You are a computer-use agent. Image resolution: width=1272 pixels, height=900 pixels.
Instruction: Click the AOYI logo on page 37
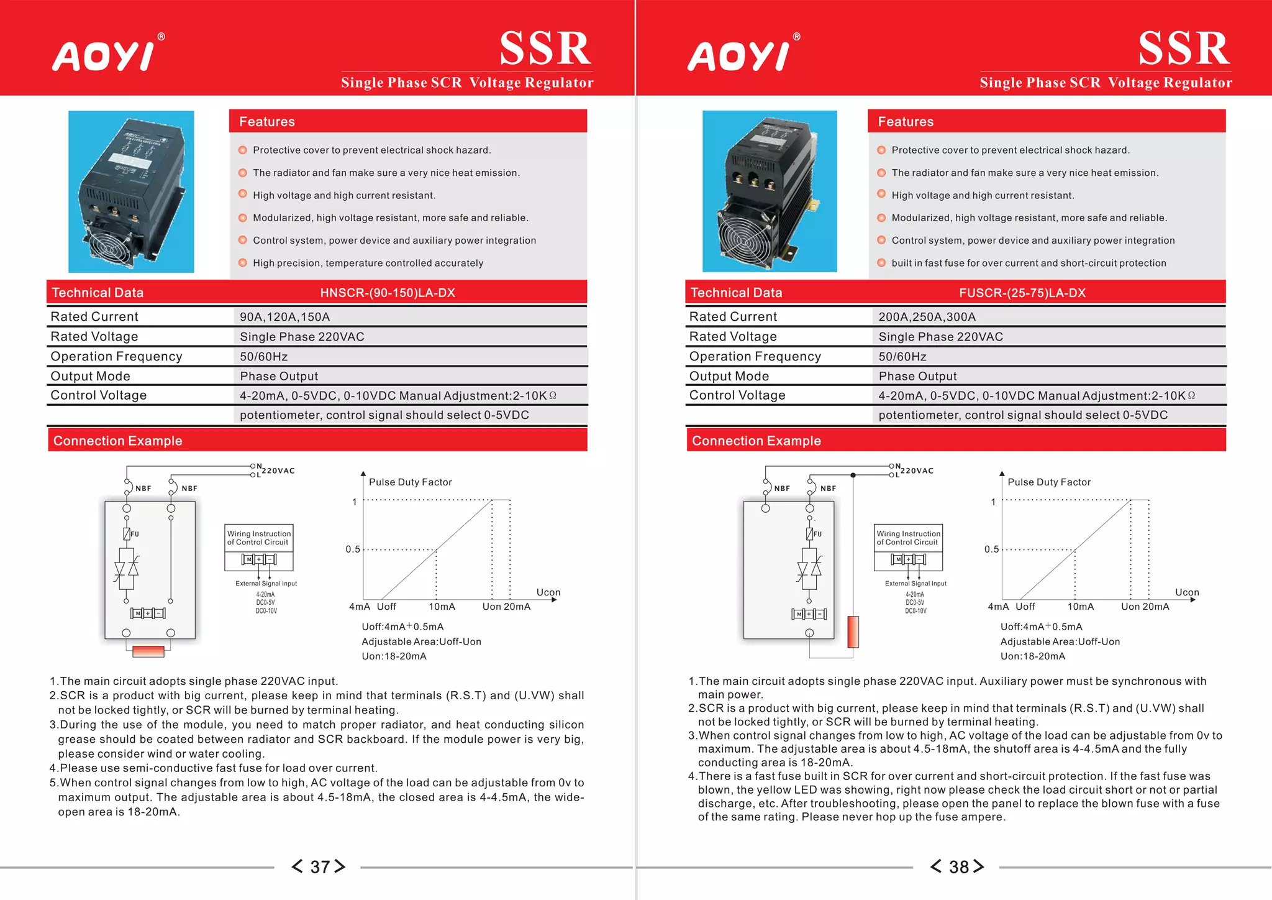pos(104,56)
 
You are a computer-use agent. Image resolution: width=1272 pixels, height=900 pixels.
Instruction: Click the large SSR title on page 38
pos(1183,48)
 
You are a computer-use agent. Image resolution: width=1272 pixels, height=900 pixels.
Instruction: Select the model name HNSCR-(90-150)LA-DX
pos(388,293)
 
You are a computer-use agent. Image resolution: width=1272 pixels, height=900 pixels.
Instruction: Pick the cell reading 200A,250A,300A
pos(927,317)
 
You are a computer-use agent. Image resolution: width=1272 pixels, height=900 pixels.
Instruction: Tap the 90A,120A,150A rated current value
pos(284,317)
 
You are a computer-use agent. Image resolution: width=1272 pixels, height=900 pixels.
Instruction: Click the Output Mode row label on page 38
pos(729,376)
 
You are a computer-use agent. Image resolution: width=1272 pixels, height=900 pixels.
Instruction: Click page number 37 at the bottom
pos(319,866)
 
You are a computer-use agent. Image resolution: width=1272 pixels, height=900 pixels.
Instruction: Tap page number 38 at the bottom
pos(958,866)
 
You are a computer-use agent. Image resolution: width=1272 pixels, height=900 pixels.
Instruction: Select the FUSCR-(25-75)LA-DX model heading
pos(1022,293)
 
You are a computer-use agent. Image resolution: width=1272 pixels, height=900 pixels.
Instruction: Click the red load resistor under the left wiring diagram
pos(148,651)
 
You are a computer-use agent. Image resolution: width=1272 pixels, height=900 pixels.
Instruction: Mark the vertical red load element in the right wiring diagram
pos(853,631)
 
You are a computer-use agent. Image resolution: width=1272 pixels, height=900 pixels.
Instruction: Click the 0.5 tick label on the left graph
pos(353,549)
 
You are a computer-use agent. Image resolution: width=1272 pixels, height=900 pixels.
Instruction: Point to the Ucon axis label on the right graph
pos(1186,592)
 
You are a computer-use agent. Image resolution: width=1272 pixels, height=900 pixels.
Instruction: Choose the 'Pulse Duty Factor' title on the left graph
pos(410,482)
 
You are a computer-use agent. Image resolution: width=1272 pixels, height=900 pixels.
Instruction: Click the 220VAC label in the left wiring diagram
pos(278,471)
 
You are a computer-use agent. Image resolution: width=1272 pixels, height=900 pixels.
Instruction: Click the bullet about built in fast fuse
pos(1028,263)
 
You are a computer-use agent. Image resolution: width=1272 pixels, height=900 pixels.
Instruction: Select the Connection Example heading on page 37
pos(118,441)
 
